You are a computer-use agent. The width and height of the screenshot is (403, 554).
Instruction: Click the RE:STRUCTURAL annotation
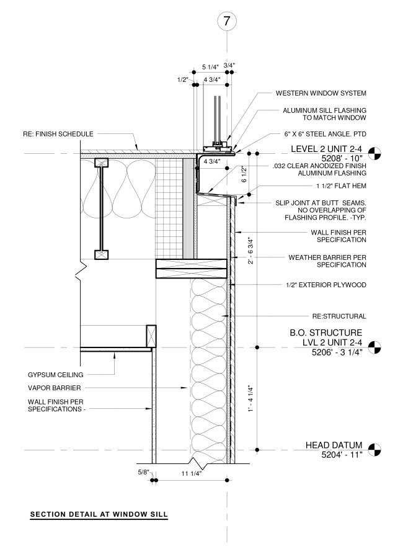tap(340, 315)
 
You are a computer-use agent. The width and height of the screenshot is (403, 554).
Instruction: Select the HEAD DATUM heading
tap(334, 445)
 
